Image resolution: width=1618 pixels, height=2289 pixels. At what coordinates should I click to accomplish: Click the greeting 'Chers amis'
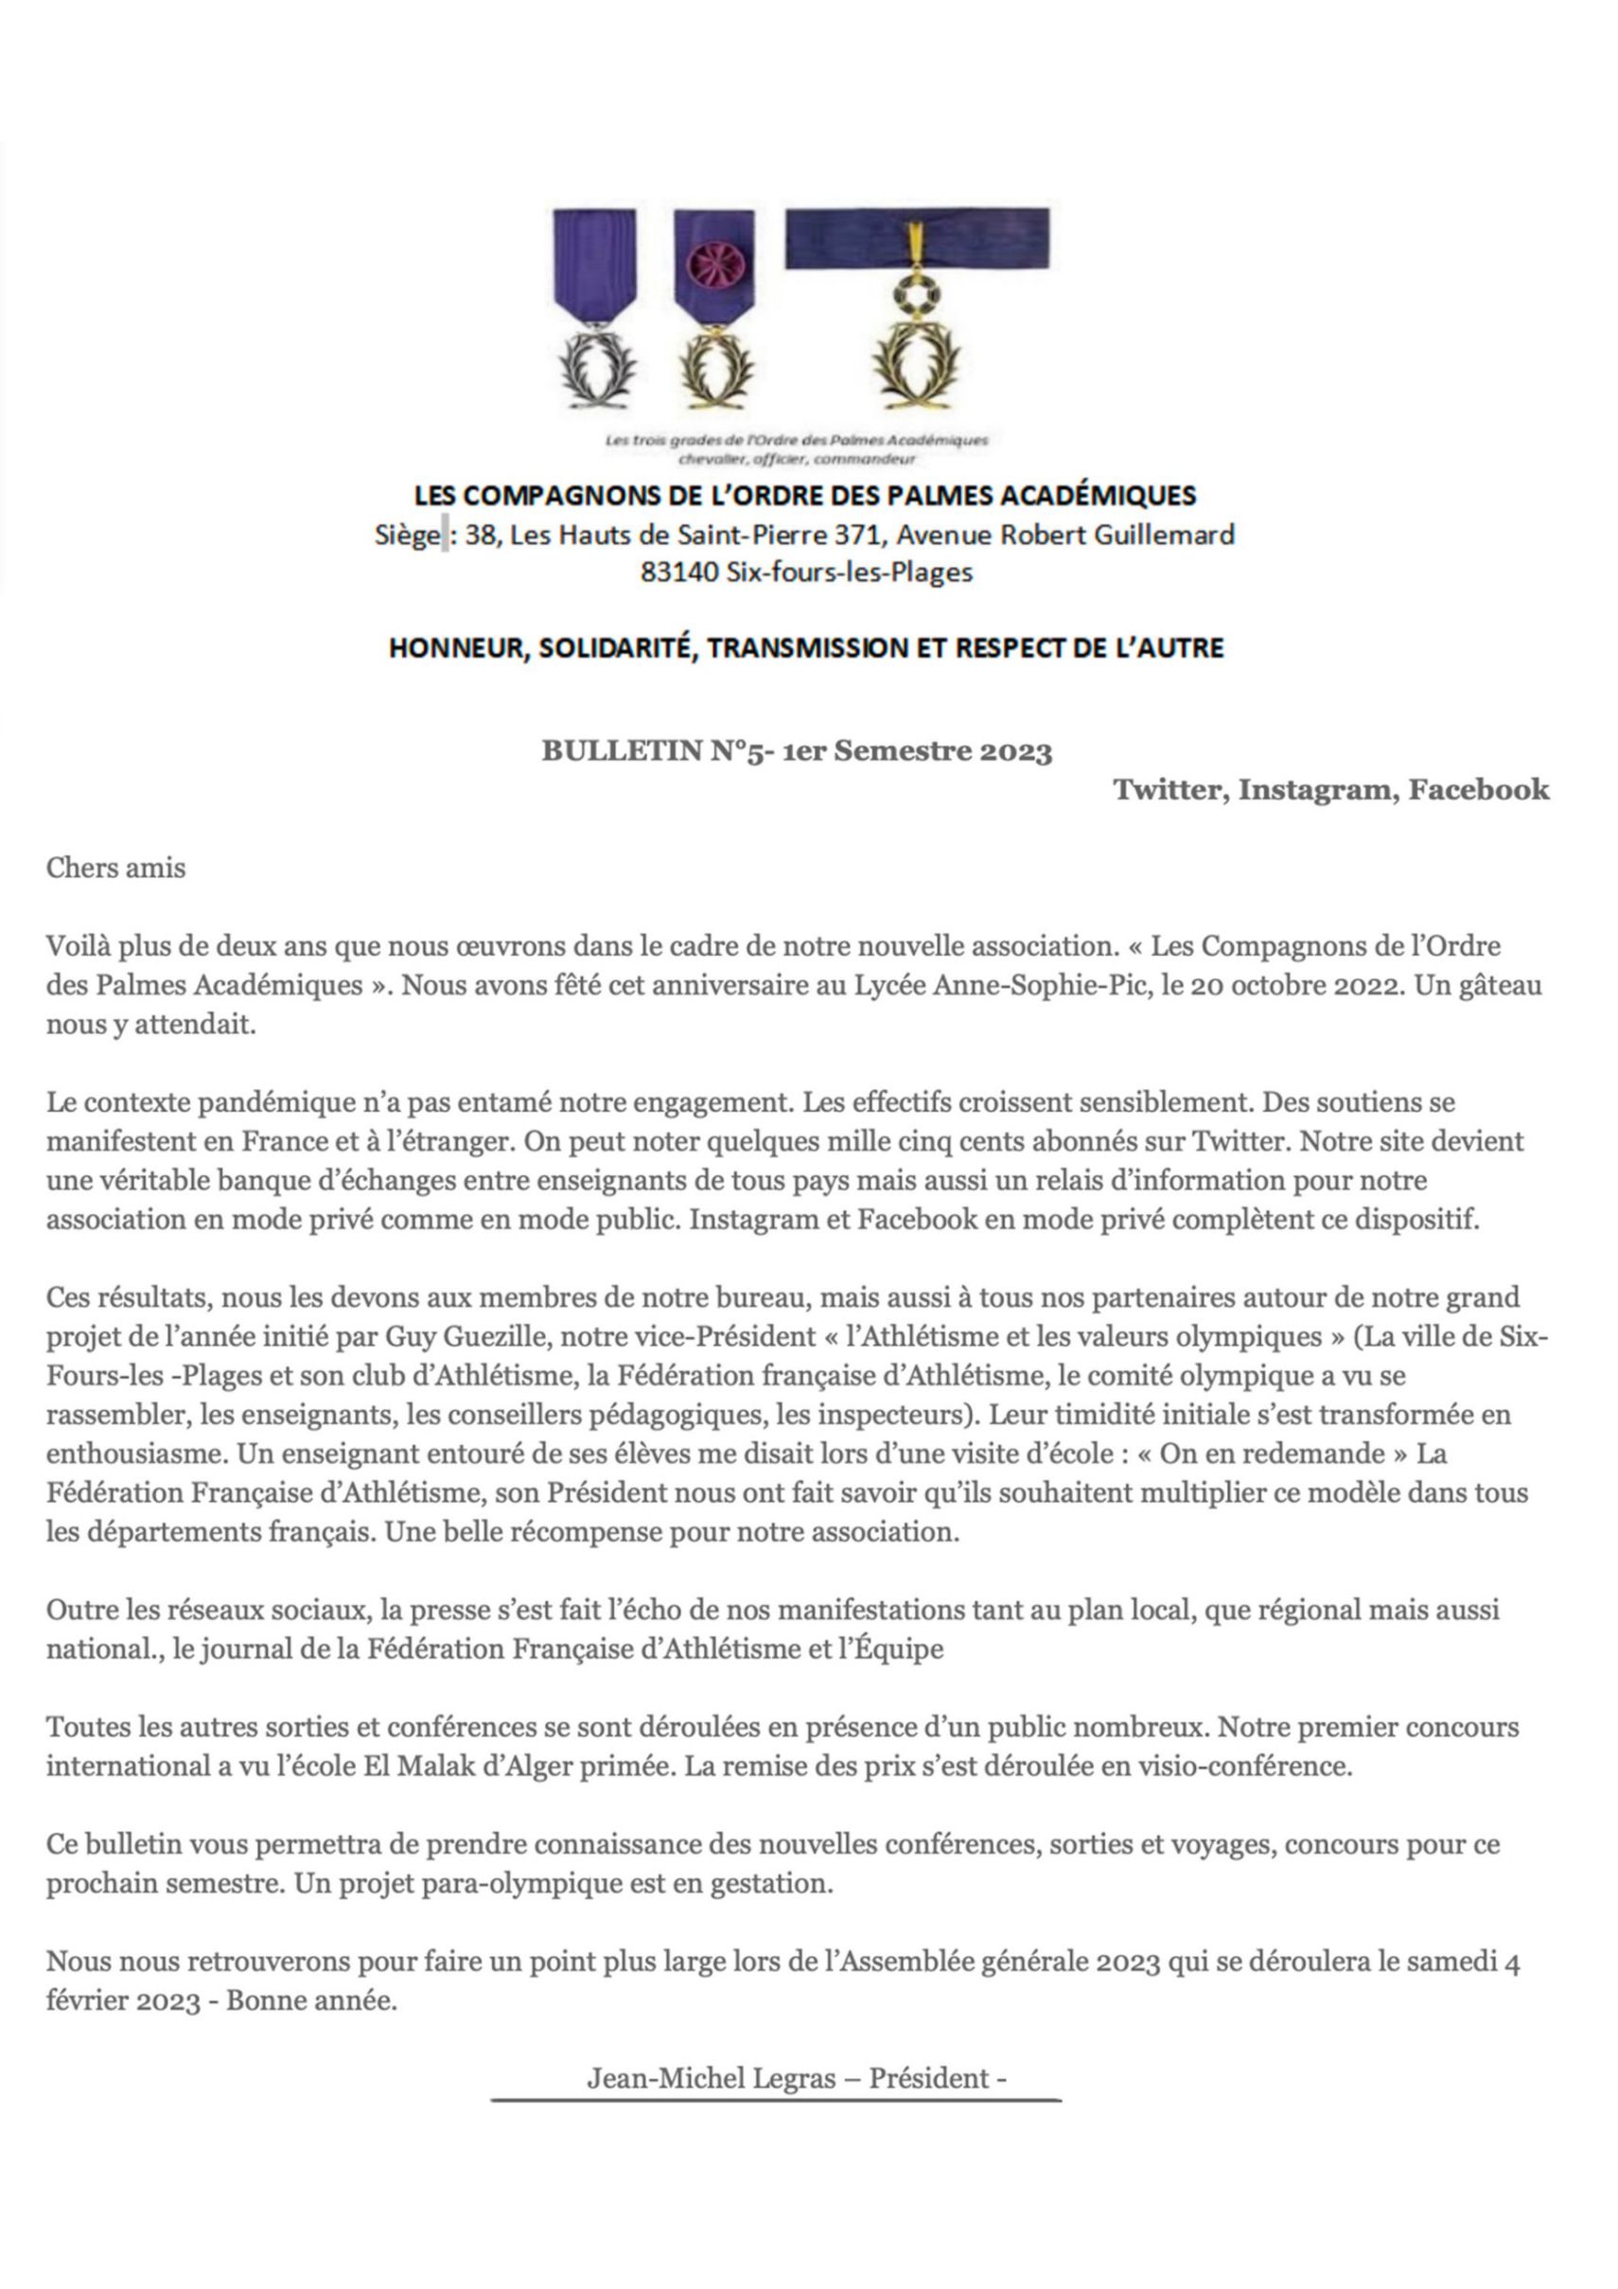115,868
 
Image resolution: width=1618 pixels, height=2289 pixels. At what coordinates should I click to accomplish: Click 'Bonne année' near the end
311,2001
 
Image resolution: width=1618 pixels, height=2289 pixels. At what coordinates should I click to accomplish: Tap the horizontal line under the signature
776,2101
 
